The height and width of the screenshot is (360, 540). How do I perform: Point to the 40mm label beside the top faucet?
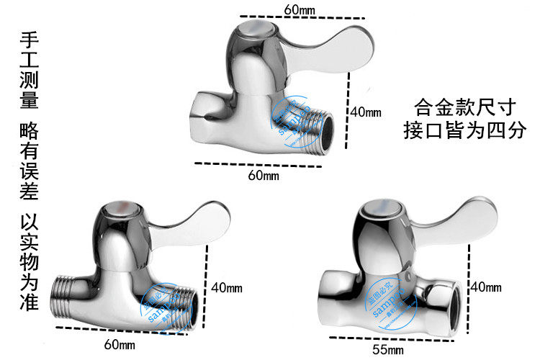tap(366, 112)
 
